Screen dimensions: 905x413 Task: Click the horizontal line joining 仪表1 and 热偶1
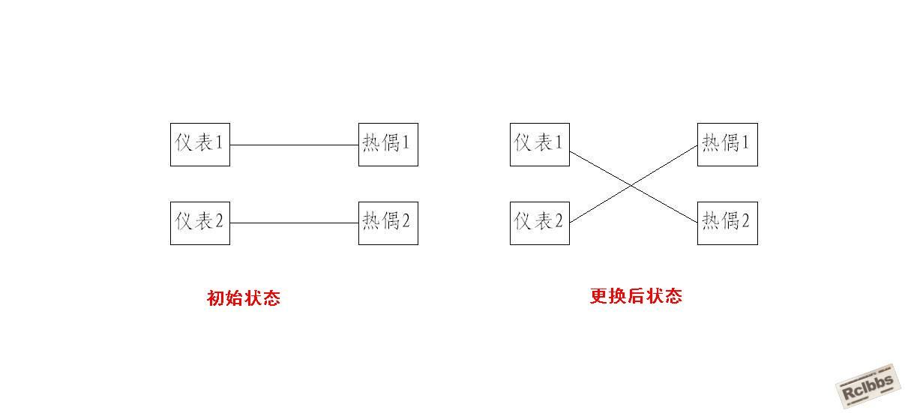(x=294, y=145)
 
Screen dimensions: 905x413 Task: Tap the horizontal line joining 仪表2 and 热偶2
(x=294, y=223)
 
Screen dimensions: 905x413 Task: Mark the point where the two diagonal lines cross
(x=631, y=185)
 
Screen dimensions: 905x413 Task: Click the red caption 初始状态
(x=244, y=298)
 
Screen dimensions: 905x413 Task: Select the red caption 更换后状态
(x=636, y=296)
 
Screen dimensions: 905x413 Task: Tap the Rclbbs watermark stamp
(x=868, y=386)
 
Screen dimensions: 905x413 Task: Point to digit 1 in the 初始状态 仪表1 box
(x=220, y=142)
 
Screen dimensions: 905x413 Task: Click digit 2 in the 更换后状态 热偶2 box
(x=745, y=220)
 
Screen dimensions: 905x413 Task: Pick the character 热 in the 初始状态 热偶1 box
(x=370, y=142)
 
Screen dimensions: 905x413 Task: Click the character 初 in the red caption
(x=215, y=298)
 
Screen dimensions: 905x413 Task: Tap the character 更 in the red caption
(x=599, y=296)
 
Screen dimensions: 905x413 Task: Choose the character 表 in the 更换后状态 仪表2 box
(x=543, y=221)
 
